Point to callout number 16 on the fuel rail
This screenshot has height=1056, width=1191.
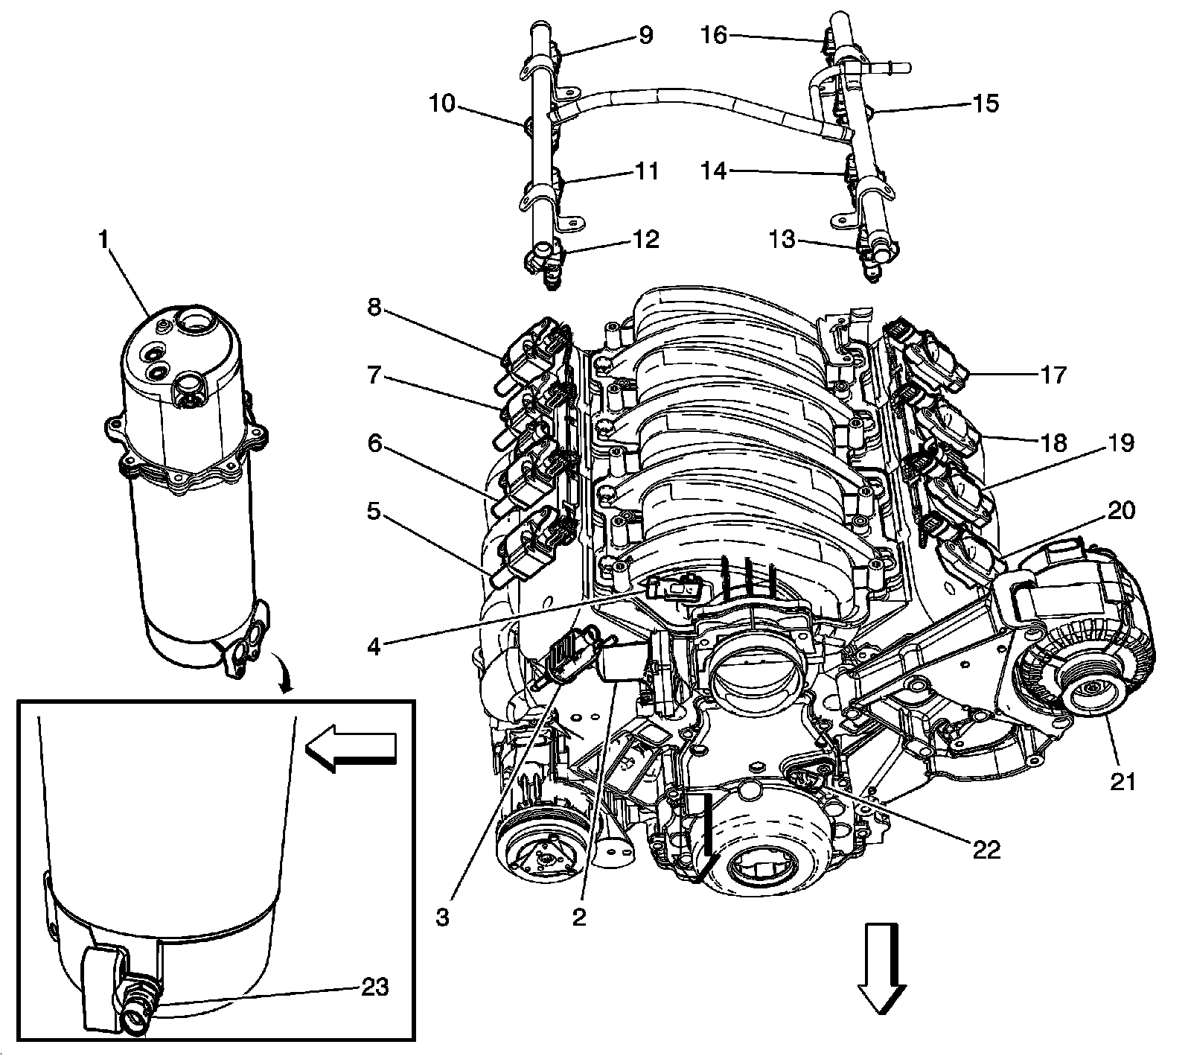click(x=715, y=35)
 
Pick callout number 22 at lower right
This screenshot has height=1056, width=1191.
click(x=987, y=849)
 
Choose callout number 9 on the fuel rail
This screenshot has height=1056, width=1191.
click(x=645, y=35)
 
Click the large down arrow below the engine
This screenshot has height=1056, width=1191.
click(x=882, y=967)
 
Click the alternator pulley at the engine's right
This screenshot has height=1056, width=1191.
click(x=1088, y=688)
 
